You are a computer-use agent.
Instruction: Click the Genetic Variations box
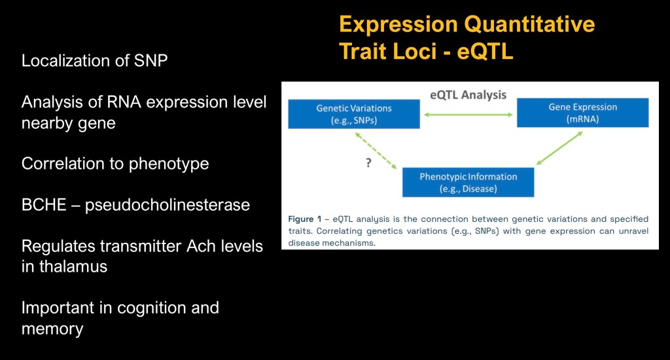(354, 114)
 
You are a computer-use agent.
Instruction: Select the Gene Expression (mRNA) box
(583, 113)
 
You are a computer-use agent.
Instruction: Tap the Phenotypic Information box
(468, 183)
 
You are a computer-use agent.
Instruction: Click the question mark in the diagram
(368, 162)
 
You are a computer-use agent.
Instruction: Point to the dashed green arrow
(376, 150)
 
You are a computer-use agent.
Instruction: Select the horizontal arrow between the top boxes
(468, 115)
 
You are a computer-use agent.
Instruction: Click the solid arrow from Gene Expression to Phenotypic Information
(559, 148)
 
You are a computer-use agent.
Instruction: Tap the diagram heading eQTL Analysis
(468, 94)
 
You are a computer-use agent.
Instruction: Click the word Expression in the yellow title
(398, 25)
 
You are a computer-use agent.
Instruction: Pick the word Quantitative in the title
(529, 24)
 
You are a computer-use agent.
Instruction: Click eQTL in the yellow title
(485, 52)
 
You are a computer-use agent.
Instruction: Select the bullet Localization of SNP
(94, 61)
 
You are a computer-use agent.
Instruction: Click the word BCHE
(44, 205)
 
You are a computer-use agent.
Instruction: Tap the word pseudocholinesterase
(167, 206)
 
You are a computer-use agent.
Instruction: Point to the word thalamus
(73, 266)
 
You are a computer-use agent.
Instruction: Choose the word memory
(52, 329)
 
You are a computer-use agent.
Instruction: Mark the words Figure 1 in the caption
(305, 219)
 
